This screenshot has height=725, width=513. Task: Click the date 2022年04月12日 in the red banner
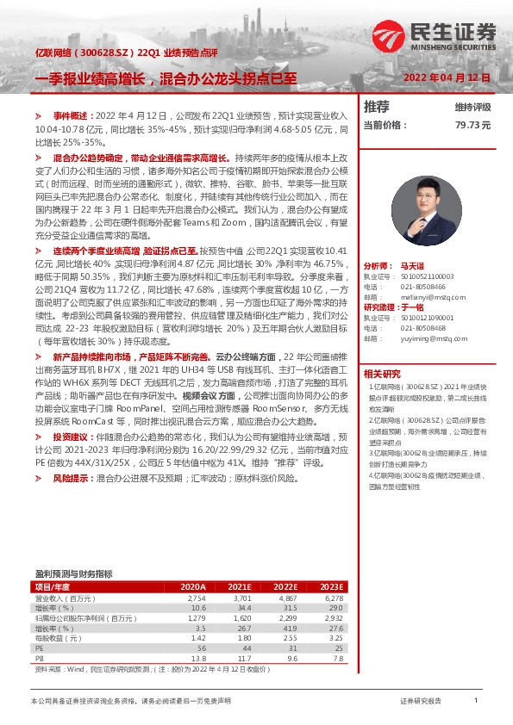pyautogui.click(x=447, y=77)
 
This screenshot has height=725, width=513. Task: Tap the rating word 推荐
pyautogui.click(x=376, y=107)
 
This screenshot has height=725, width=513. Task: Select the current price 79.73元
pyautogui.click(x=472, y=125)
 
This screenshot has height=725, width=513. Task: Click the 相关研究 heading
pyautogui.click(x=382, y=374)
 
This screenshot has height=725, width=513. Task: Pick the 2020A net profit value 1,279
pyautogui.click(x=195, y=617)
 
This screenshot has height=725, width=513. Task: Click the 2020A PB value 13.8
pyautogui.click(x=197, y=658)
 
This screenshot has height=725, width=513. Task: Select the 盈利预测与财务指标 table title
pyautogui.click(x=73, y=573)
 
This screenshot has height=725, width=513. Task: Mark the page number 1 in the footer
pyautogui.click(x=475, y=702)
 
